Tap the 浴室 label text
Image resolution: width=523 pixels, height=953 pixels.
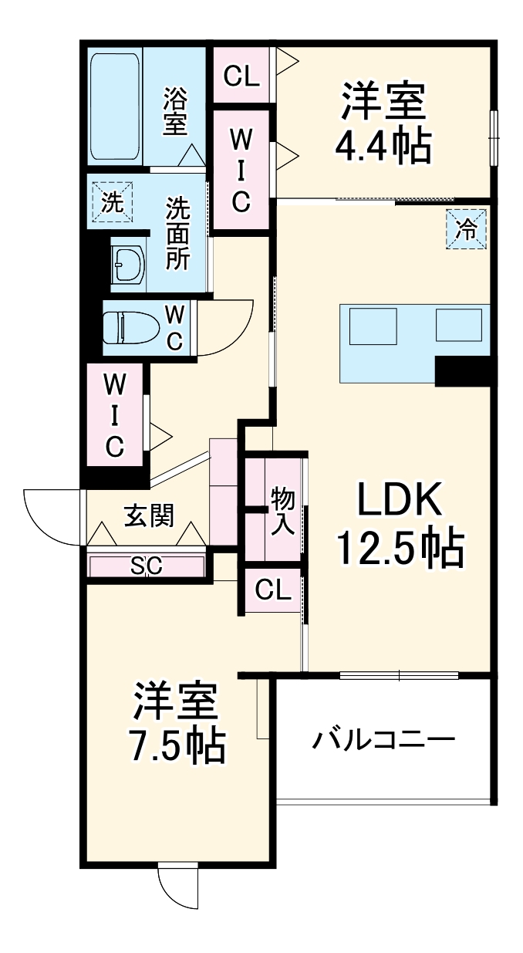pyautogui.click(x=177, y=112)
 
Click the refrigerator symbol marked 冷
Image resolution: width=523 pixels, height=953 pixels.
pyautogui.click(x=468, y=228)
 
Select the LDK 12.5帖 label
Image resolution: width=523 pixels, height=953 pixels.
pyautogui.click(x=399, y=525)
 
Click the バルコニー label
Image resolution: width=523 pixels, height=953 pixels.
pyautogui.click(x=383, y=741)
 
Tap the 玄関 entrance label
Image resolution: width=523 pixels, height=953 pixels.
pyautogui.click(x=148, y=515)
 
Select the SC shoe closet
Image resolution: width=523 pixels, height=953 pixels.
pyautogui.click(x=146, y=566)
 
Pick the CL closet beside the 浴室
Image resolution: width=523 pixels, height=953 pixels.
pyautogui.click(x=241, y=75)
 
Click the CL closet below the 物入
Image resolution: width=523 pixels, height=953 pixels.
pyautogui.click(x=273, y=590)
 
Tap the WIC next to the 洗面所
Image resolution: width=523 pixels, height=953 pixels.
pyautogui.click(x=241, y=170)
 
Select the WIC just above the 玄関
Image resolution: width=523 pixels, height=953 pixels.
pyautogui.click(x=115, y=414)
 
